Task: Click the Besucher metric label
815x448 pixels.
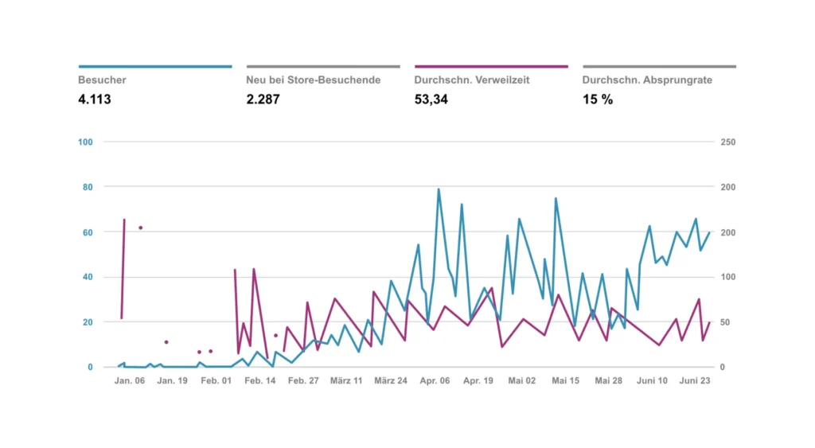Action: click(102, 80)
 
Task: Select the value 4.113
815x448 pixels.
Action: click(95, 99)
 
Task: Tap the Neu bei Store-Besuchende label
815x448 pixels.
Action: click(314, 80)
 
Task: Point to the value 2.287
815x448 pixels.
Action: click(263, 99)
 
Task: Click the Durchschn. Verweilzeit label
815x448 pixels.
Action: click(472, 80)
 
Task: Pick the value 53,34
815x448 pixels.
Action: click(431, 99)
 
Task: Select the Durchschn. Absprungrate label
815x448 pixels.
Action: click(647, 80)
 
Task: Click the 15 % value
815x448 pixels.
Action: click(598, 99)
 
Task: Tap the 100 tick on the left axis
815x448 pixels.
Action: click(86, 142)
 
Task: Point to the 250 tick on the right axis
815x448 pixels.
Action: click(728, 142)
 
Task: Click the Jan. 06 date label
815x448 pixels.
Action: click(130, 381)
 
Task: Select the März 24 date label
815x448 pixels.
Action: click(391, 381)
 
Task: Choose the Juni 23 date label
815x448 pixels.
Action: click(695, 381)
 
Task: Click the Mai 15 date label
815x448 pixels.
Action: click(565, 381)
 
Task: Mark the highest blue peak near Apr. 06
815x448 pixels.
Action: click(438, 189)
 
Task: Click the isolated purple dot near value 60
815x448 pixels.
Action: click(141, 228)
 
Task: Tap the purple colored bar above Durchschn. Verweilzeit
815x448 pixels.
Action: click(491, 67)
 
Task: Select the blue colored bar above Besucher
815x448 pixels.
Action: click(155, 67)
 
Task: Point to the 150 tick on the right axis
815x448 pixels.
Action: click(728, 232)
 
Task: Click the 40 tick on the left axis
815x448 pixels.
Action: click(88, 278)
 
